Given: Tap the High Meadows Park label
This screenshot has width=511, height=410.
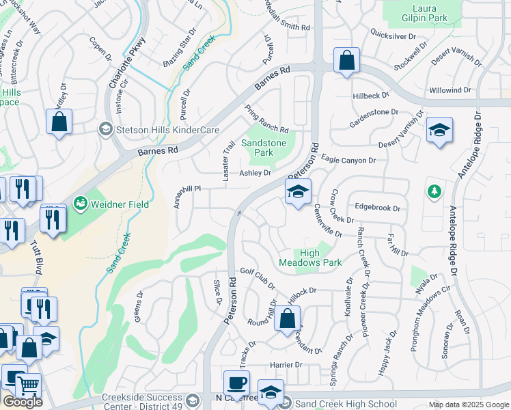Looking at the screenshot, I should click(310, 258).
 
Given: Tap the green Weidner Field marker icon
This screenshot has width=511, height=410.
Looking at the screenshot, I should click(81, 204).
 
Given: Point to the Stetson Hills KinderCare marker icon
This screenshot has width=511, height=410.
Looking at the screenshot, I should click(105, 128).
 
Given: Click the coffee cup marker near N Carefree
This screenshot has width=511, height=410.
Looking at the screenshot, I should click(236, 383).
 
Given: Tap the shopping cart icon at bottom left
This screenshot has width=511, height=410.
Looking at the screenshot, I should click(28, 386).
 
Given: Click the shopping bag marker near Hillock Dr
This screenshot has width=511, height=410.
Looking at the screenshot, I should click(288, 318).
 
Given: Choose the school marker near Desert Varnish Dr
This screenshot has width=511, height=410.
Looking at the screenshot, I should click(439, 130).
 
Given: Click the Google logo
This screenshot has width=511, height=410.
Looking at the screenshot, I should click(22, 402).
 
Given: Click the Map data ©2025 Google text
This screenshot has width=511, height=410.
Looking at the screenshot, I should click(469, 405).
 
